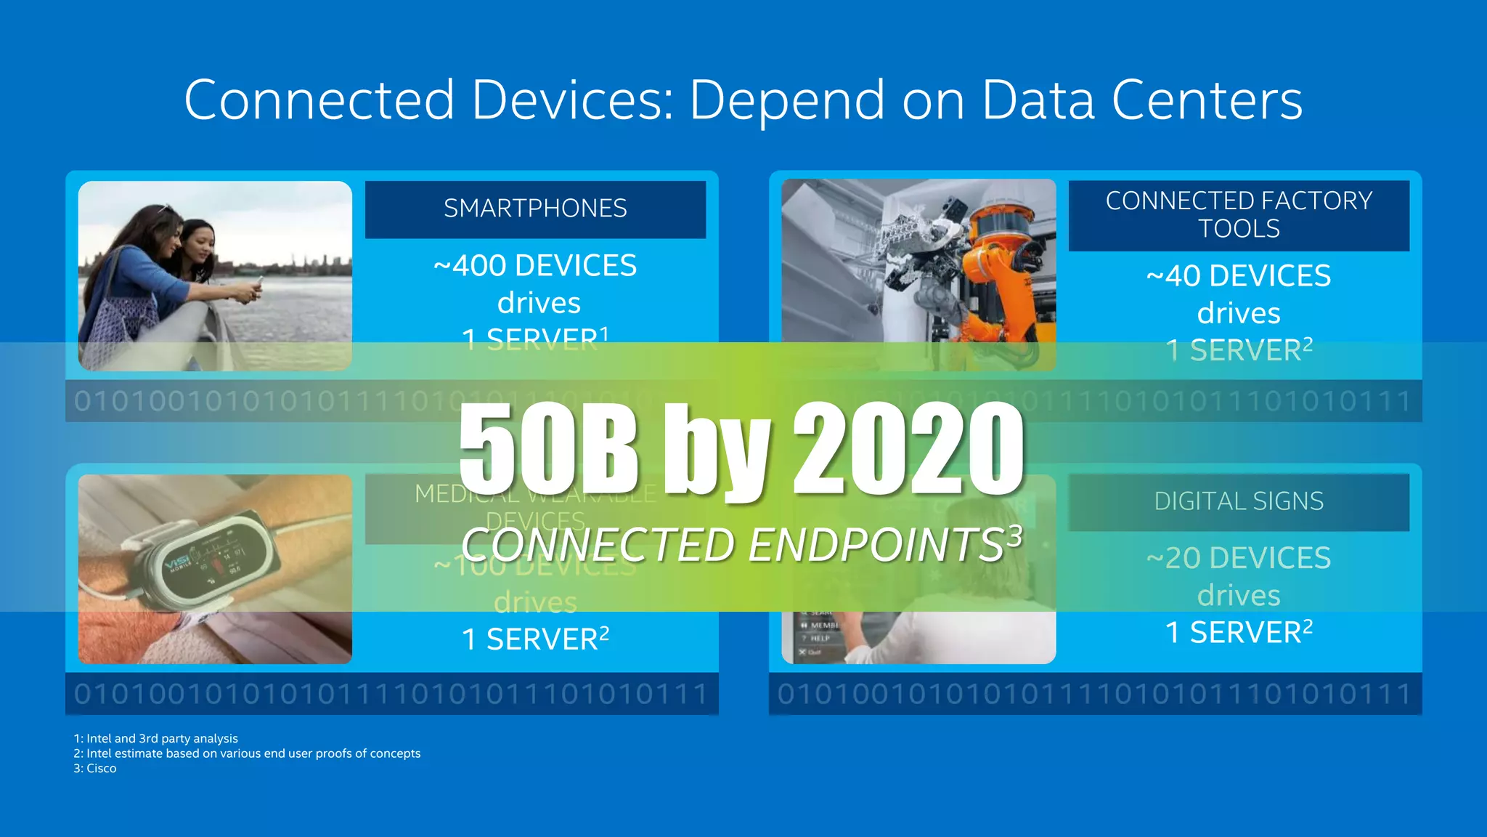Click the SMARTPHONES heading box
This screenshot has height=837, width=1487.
(535, 209)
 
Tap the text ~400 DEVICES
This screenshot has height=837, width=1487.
(535, 266)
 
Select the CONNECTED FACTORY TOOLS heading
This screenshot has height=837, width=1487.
(1239, 215)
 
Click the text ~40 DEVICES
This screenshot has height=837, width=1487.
(1239, 276)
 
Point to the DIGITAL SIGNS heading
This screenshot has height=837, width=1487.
(1239, 501)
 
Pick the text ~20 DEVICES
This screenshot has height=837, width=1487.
(1239, 558)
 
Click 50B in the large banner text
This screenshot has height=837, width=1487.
(548, 450)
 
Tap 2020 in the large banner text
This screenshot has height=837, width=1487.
(908, 450)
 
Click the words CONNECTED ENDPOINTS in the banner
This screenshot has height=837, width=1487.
(733, 545)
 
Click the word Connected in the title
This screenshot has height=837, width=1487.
(319, 100)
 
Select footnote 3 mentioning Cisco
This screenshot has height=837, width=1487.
(95, 769)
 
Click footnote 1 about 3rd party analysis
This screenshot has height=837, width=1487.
(156, 738)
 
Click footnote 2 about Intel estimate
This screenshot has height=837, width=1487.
(247, 753)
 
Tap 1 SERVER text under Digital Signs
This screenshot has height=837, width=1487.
(1239, 632)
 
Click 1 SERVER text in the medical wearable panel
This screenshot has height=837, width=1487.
(535, 639)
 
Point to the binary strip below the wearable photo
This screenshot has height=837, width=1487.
(392, 694)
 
